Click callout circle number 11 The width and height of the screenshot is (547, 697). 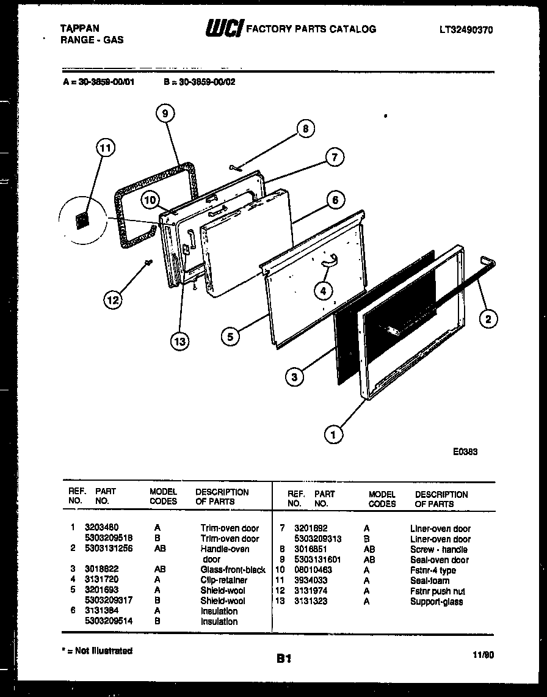tap(106, 148)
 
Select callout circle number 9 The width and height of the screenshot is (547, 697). tap(164, 113)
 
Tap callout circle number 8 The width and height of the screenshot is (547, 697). tap(305, 129)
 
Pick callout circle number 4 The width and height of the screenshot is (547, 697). tap(324, 291)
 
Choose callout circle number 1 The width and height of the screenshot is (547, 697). tap(333, 434)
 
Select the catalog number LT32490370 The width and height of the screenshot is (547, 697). tap(465, 29)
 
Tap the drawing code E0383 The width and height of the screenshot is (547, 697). tap(465, 453)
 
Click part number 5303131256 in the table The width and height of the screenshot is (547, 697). tap(109, 549)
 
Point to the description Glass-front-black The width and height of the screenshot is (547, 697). tap(233, 569)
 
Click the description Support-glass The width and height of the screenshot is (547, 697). tap(436, 602)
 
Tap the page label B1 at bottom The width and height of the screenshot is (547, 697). tap(283, 659)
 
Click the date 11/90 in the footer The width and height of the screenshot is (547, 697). tap(484, 654)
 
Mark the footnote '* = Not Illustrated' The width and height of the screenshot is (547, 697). tap(97, 651)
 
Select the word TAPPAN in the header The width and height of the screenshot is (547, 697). tap(80, 28)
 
